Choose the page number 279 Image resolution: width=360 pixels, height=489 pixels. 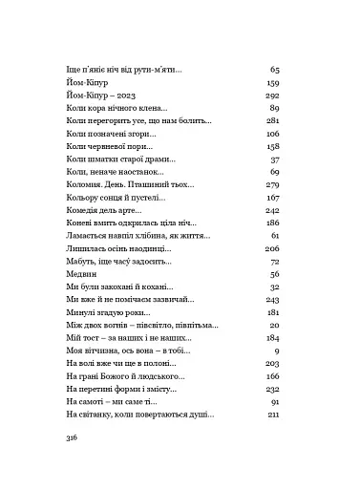pyautogui.click(x=270, y=183)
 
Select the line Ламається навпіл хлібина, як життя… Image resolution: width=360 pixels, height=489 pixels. pyautogui.click(x=139, y=235)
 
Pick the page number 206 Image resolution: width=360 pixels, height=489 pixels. pyautogui.click(x=270, y=247)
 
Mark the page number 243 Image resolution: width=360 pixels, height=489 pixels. pyautogui.click(x=270, y=299)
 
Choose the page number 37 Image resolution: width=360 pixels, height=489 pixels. pyautogui.click(x=273, y=159)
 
